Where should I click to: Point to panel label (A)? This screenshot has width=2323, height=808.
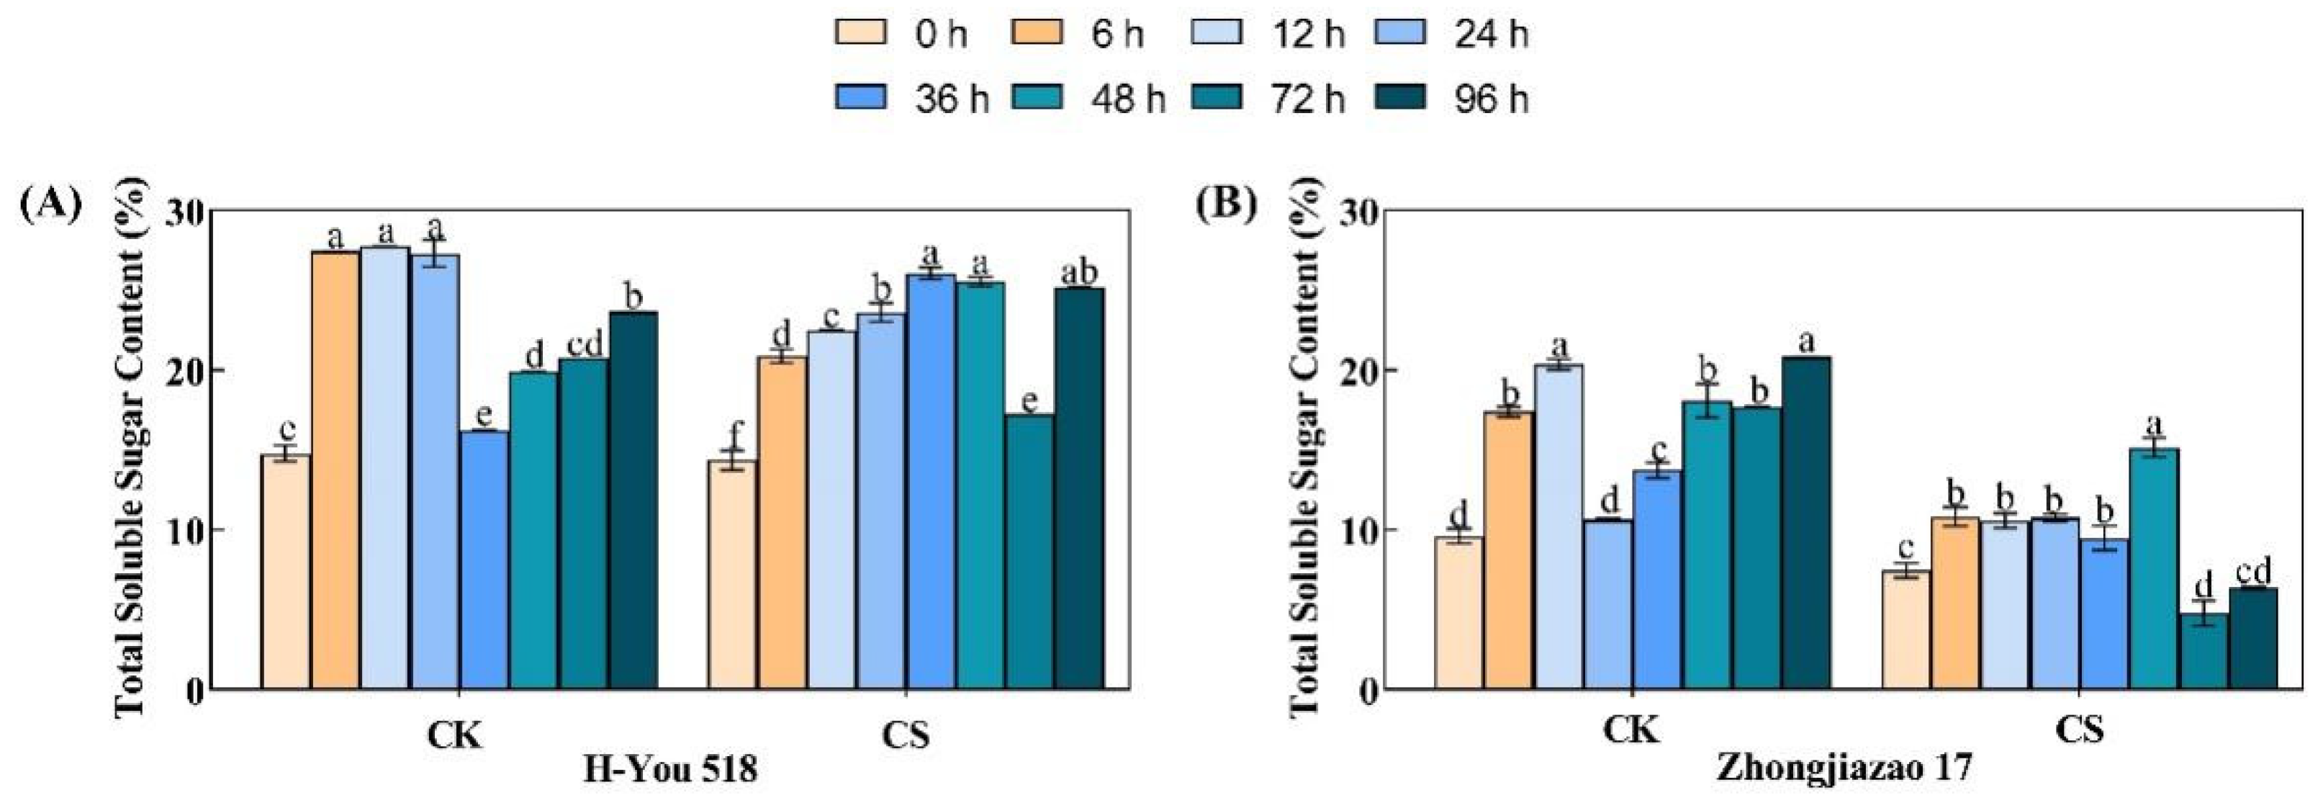50,204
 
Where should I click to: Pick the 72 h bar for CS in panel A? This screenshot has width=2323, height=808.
1030,552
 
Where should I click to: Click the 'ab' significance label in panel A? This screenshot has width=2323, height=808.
1080,273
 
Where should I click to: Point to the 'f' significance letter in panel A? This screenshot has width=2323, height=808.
733,436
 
